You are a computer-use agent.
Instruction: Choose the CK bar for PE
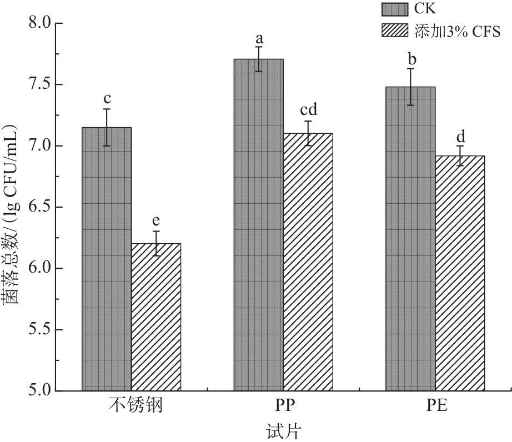(410, 239)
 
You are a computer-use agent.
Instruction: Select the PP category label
(283, 406)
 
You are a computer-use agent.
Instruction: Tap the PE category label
(435, 406)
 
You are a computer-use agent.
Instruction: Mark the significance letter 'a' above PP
(259, 39)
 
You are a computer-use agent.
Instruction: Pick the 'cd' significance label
(308, 110)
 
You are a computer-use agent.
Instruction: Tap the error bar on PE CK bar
(410, 87)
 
